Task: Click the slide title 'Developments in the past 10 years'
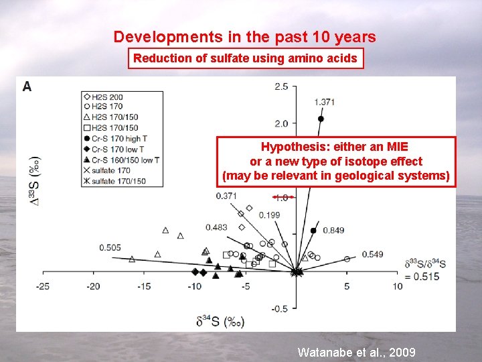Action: [x=244, y=37]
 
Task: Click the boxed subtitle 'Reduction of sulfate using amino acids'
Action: [x=245, y=58]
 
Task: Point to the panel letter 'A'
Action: [x=27, y=86]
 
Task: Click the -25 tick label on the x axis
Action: [x=43, y=287]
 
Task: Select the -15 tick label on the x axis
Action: [x=144, y=287]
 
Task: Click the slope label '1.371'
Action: [x=324, y=102]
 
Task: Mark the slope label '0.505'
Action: [x=110, y=248]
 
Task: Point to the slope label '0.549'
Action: [x=372, y=254]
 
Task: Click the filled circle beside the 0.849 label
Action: [x=314, y=231]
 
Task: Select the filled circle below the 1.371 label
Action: [x=321, y=119]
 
